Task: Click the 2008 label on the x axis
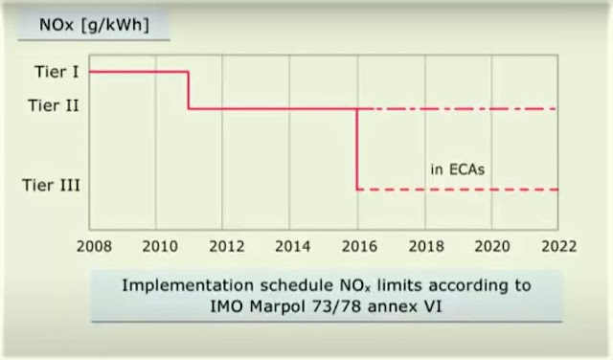[94, 246]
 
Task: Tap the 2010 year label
[160, 246]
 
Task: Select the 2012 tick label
[227, 246]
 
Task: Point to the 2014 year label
[293, 246]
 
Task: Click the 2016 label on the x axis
[360, 246]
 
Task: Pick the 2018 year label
[426, 246]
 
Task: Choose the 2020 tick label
[492, 246]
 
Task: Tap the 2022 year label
[559, 246]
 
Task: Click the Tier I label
[57, 72]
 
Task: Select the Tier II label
[54, 105]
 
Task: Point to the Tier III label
[51, 185]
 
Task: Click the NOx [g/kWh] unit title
[94, 25]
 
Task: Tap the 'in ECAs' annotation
[458, 169]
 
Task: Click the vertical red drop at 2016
[357, 149]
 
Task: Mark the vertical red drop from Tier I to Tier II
[189, 90]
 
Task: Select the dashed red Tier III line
[458, 190]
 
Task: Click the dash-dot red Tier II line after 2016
[458, 109]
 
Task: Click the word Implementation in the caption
[188, 285]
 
